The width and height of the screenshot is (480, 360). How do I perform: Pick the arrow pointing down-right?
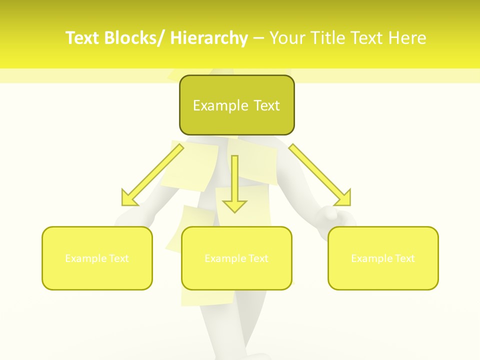pyautogui.click(x=320, y=175)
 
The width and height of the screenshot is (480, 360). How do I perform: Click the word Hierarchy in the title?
pyautogui.click(x=209, y=38)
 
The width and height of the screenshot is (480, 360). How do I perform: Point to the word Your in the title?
pyautogui.click(x=288, y=38)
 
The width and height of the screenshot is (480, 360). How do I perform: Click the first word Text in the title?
pyautogui.click(x=83, y=38)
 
